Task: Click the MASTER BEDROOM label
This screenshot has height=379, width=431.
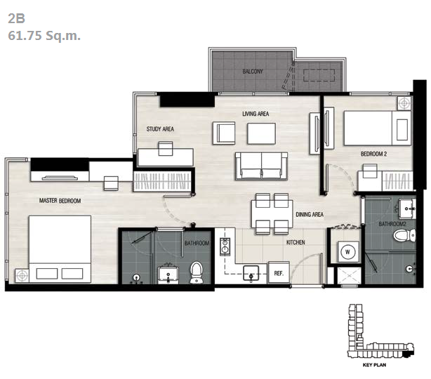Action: coord(60,201)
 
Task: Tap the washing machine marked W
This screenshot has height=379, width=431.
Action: coord(347,252)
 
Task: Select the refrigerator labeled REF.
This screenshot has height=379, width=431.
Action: coord(279,272)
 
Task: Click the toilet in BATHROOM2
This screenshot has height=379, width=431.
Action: coord(404,236)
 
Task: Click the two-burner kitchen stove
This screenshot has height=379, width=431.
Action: coord(225,246)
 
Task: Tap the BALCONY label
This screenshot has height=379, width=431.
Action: coord(253,72)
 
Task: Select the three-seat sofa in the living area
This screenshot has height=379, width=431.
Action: coord(261,166)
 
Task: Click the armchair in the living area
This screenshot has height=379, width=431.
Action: coord(224,133)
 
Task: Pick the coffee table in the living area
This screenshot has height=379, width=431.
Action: coord(261,133)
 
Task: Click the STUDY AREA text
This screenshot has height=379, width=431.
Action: coord(160,129)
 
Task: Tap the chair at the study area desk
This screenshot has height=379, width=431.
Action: coord(166,149)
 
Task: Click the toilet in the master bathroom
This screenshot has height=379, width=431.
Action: coord(197,272)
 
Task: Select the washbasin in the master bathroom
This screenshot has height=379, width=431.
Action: coord(168,275)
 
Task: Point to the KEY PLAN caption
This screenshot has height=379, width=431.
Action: coord(374,365)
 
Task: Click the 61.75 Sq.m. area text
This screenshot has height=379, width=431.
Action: coord(44,36)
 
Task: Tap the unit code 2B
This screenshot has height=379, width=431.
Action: coord(16,18)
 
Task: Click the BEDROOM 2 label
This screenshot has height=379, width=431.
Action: coord(373,154)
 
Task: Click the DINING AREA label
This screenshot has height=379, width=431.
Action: coord(310,214)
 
